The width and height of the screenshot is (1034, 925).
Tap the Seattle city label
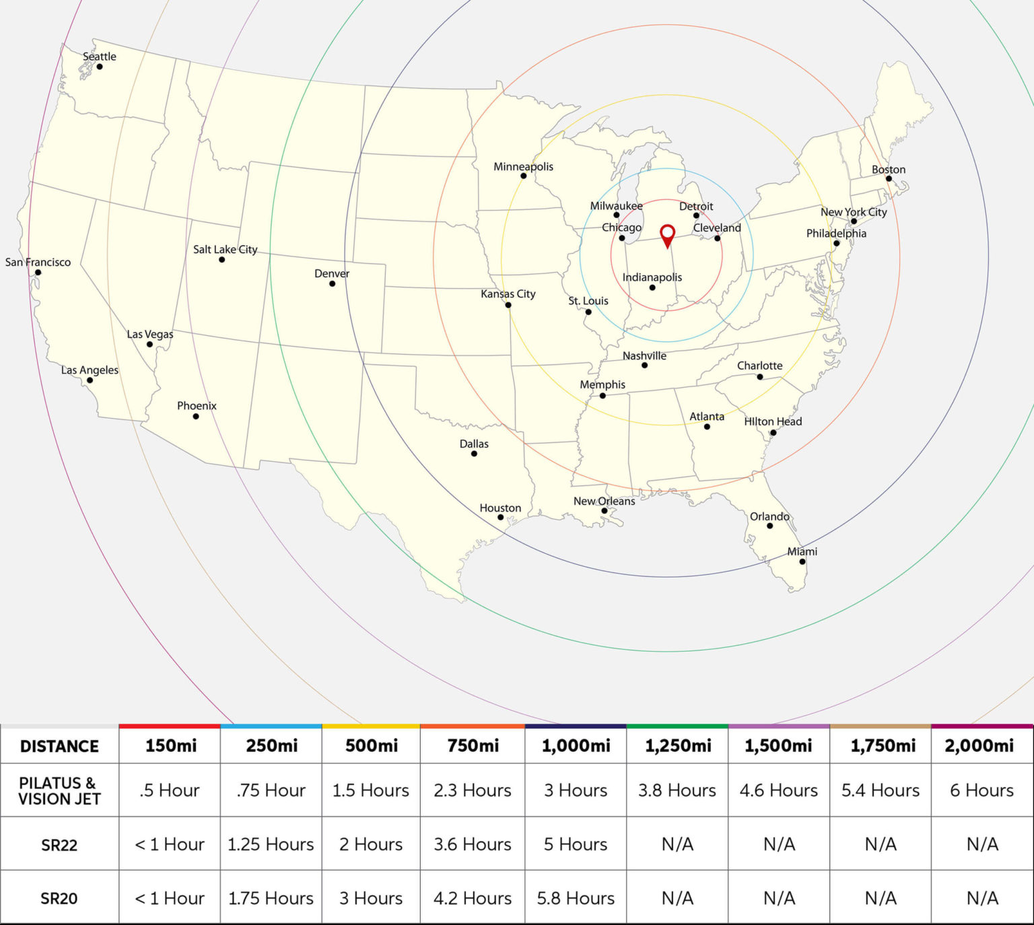pos(100,57)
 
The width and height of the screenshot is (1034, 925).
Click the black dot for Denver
pos(332,283)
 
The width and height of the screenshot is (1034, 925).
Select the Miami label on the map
pos(802,551)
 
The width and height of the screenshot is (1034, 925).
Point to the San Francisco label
pos(38,262)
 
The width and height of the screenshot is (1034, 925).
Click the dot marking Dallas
pos(474,454)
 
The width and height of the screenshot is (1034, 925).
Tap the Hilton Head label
pos(773,421)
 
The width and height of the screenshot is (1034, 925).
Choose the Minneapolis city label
pos(523,166)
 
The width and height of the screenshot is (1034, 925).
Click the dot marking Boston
pos(889,178)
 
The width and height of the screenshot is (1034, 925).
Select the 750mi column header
pos(473,746)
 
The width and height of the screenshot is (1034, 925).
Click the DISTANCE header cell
pos(59,747)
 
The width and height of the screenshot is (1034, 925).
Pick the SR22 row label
pos(59,845)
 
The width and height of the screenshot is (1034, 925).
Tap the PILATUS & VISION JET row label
pos(59,791)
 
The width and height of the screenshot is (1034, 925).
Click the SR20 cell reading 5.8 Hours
pos(576,898)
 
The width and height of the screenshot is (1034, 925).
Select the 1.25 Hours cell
pos(271,844)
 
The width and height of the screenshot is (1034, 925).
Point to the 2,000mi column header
pos(981,746)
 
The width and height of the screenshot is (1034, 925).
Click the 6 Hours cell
pos(981,790)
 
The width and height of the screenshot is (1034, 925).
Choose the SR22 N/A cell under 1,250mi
pos(677,844)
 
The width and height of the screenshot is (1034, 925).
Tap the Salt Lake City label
pos(225,249)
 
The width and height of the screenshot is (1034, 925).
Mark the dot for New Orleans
pos(605,511)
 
